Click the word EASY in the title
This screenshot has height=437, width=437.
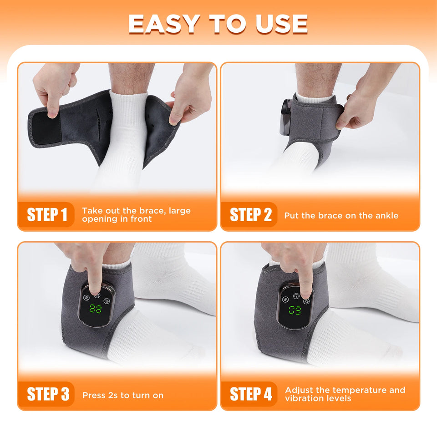[x=164, y=24]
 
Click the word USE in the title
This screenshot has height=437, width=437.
[x=282, y=24]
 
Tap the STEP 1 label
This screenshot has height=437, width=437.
[x=47, y=214]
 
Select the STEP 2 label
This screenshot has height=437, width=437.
[x=250, y=214]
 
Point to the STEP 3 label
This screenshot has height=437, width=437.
[x=48, y=394]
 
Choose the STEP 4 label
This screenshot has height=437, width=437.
[x=251, y=394]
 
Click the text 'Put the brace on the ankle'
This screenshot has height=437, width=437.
[x=341, y=215]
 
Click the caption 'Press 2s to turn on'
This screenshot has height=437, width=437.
[x=122, y=395]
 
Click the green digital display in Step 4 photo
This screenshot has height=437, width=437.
[x=295, y=311]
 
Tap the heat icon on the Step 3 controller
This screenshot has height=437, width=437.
[x=85, y=300]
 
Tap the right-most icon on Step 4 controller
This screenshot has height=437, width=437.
[x=306, y=301]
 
